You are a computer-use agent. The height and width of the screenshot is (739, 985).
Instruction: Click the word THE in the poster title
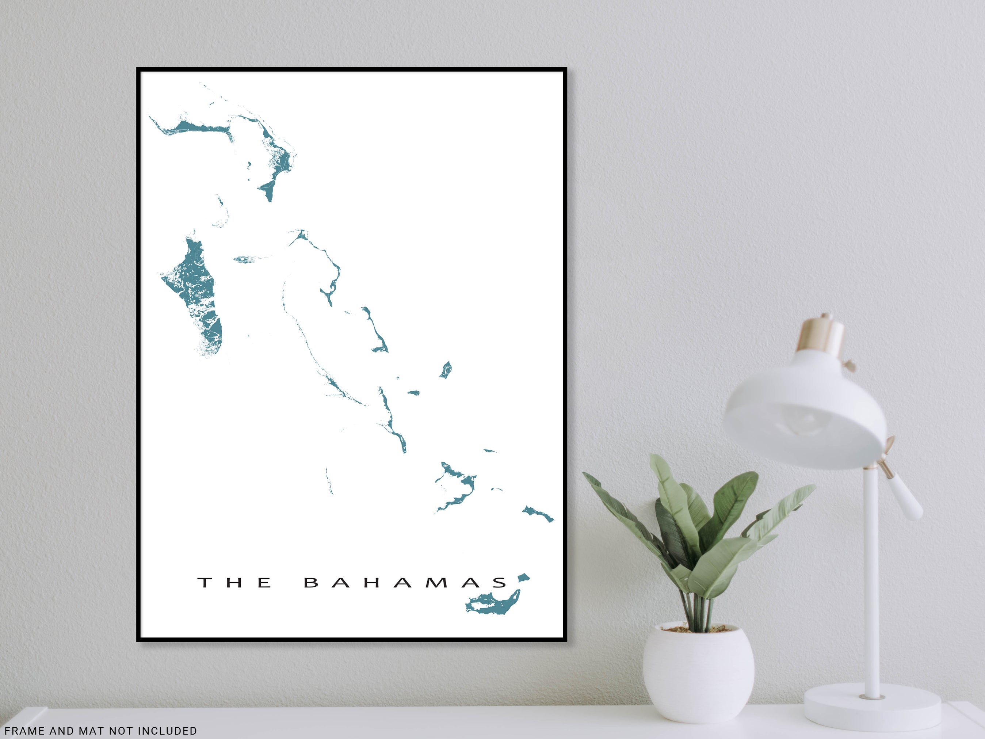(234, 583)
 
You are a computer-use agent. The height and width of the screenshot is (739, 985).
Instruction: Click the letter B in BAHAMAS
(311, 583)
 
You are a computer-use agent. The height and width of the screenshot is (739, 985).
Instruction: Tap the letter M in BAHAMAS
(436, 583)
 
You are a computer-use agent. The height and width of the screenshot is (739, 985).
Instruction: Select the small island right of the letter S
(523, 578)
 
